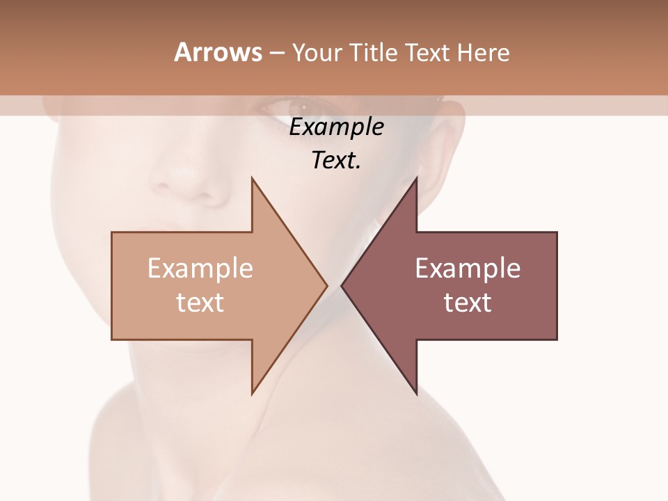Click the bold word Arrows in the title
pos(218,52)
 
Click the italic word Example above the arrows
pos(336,127)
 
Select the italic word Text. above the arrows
pos(336,161)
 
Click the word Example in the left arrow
pos(200,268)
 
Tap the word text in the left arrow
pos(200,302)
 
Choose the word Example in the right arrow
pos(468,268)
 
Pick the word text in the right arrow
pos(468,302)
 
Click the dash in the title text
pos(277,53)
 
